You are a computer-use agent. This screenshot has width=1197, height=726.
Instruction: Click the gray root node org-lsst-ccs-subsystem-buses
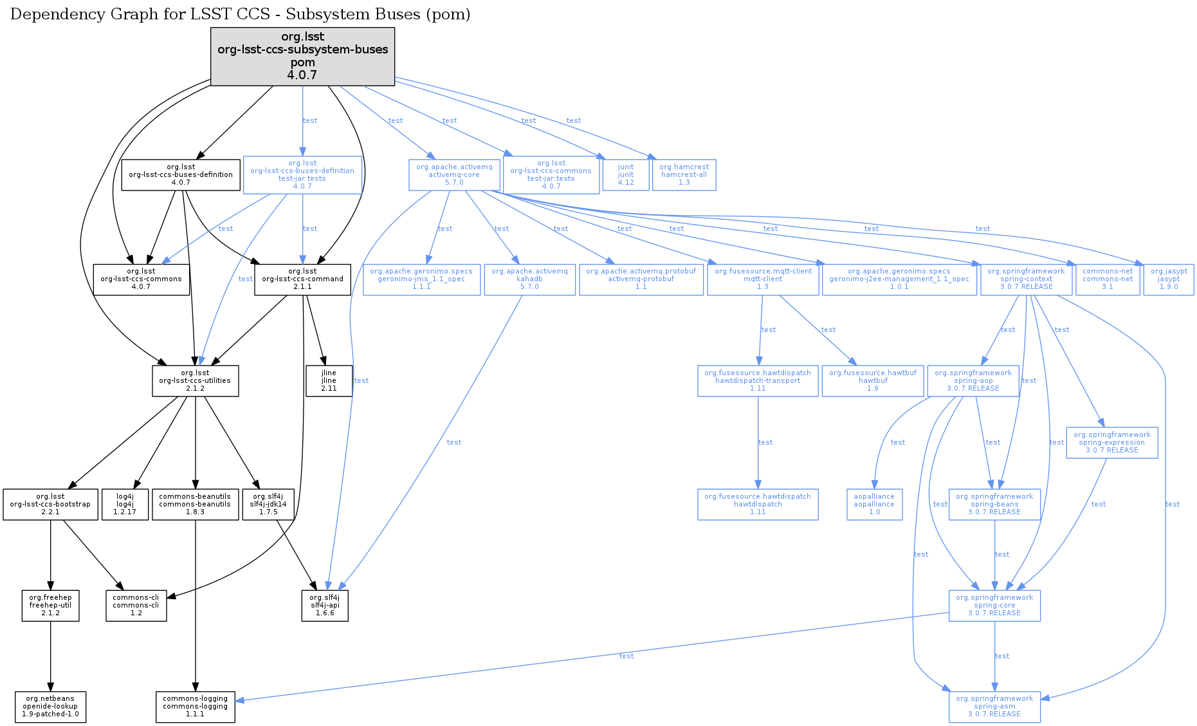pos(302,56)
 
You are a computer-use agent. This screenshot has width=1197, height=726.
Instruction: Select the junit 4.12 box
pos(626,174)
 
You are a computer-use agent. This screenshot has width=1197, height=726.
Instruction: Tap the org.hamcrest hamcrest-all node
pos(684,174)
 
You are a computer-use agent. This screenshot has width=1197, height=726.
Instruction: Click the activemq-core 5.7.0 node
pos(454,174)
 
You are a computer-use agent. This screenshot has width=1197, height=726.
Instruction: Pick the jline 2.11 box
pos(329,380)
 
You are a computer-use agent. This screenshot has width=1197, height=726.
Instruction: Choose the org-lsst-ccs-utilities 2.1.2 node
pos(195,380)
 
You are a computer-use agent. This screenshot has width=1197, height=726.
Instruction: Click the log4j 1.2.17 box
pos(125,504)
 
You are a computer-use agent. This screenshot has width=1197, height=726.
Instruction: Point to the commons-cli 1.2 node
pos(136,605)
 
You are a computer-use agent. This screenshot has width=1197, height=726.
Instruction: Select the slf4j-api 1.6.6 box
pos(325,605)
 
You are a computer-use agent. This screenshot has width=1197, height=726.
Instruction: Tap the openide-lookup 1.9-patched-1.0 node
pos(50,706)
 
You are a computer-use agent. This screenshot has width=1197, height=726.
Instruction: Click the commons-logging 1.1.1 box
pos(195,706)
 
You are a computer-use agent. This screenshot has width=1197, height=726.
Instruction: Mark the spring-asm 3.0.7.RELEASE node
pos(994,706)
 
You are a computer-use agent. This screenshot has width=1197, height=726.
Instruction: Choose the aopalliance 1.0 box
pos(874,504)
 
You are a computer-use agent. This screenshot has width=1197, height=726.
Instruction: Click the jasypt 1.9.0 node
pos(1169,279)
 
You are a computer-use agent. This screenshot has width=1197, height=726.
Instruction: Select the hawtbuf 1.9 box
pos(873,380)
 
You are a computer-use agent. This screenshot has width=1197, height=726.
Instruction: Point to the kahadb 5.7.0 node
pos(529,279)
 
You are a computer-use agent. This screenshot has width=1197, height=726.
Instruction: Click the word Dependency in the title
pos(50,14)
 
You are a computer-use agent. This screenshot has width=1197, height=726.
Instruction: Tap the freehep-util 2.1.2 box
pos(50,605)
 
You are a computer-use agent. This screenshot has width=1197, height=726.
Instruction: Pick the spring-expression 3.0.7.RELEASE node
pos(1111,442)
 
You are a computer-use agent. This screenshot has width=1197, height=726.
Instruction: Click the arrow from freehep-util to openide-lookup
pos(50,656)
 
